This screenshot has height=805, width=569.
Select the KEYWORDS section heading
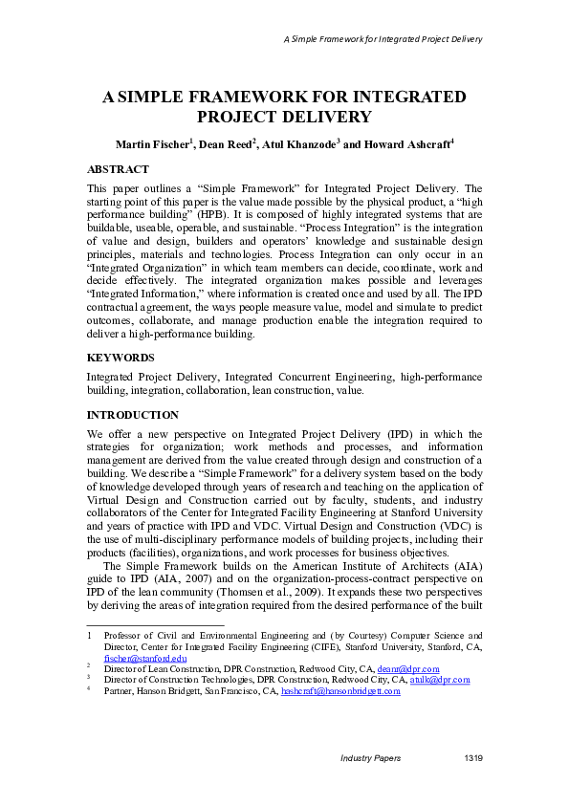point(121,357)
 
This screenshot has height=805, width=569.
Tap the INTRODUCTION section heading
point(133,415)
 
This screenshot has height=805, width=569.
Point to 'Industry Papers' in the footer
point(372,757)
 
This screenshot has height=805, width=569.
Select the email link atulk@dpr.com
point(442,679)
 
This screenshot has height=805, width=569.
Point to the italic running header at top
point(382,39)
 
